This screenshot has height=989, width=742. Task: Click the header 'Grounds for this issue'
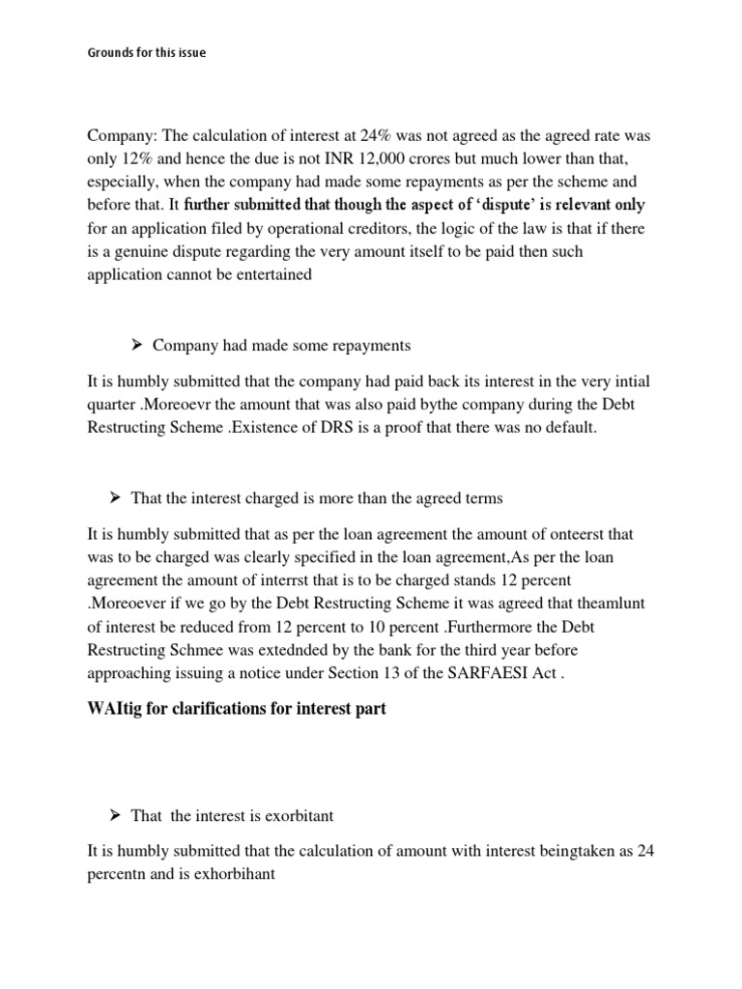click(146, 52)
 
